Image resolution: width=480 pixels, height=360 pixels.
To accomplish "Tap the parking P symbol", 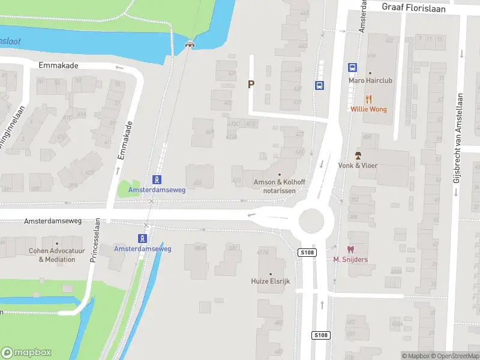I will (x=251, y=85).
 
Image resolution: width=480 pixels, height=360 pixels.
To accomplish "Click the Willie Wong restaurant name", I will (x=369, y=109).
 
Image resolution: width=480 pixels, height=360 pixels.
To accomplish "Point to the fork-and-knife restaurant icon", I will (x=369, y=100).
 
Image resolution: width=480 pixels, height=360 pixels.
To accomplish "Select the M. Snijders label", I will (x=350, y=259).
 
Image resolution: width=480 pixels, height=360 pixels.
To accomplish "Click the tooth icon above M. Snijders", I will (x=350, y=249).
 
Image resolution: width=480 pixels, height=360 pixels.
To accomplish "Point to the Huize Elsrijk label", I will (x=270, y=281).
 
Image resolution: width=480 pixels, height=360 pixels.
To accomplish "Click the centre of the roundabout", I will (x=311, y=221).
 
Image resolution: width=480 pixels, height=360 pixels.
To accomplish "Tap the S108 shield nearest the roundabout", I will (x=305, y=253).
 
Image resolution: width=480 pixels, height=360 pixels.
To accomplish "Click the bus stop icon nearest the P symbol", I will (x=319, y=85).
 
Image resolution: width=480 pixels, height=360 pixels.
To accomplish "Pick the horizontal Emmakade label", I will (x=59, y=65).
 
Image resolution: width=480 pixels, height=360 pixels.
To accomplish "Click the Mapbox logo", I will (x=26, y=352).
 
